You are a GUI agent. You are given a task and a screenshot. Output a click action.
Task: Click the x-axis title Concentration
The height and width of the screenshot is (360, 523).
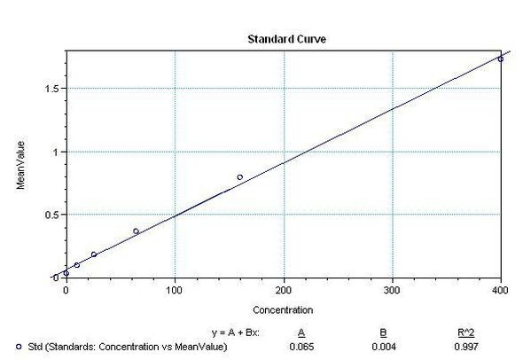282,310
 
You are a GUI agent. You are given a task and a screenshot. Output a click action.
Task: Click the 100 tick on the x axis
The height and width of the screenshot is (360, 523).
175,290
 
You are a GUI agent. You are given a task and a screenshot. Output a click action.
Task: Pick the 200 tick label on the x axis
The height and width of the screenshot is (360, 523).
284,290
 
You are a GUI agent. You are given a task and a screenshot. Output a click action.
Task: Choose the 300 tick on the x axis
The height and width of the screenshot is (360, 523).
392,290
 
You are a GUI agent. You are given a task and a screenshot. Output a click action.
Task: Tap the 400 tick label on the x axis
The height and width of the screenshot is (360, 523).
501,290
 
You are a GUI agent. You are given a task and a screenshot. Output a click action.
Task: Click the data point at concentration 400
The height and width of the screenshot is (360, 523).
501,59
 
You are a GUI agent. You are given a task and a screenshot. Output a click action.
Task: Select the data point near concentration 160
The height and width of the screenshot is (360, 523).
239,177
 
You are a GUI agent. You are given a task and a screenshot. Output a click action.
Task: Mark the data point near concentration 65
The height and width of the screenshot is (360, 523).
136,231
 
